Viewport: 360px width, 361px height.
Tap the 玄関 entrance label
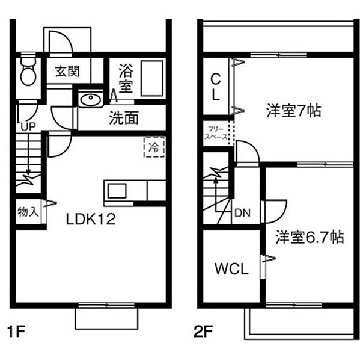67,71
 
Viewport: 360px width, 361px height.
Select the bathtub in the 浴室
152,78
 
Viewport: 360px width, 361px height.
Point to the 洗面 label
124,118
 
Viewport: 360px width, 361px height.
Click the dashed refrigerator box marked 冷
154,147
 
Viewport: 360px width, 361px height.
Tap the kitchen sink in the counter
117,191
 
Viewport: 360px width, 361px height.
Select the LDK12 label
91,219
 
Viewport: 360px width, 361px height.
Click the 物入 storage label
28,212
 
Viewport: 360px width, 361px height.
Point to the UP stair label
28,126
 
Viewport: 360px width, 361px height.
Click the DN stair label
242,213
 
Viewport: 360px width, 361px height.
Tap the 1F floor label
16,331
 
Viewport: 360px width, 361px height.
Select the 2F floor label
203,331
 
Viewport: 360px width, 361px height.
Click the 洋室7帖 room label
294,111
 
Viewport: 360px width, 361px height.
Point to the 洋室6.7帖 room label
310,237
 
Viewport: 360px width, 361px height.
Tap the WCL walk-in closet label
231,268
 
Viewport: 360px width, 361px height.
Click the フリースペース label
216,133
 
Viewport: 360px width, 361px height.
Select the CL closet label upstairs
216,87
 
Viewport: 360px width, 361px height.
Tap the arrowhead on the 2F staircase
216,180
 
